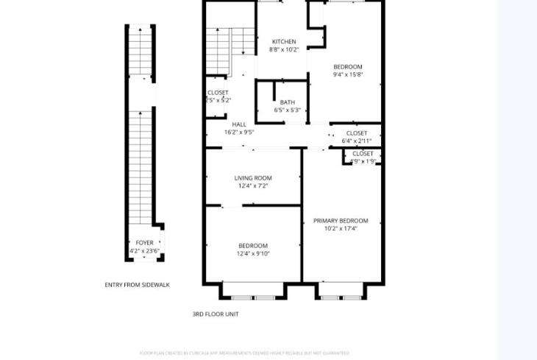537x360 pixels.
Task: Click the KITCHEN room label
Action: [x=284, y=42]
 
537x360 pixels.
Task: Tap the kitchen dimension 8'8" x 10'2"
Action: [x=284, y=50]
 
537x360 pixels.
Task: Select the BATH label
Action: [x=287, y=103]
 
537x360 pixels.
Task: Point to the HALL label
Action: [x=239, y=125]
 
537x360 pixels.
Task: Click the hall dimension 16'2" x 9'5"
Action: [x=239, y=133]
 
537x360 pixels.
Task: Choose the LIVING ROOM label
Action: [x=253, y=178]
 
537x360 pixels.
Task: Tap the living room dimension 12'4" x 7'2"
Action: [x=253, y=186]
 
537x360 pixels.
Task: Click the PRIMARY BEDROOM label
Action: [x=341, y=221]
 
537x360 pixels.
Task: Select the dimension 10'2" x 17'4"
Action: [x=341, y=229]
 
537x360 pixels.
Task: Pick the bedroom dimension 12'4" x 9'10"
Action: [x=253, y=254]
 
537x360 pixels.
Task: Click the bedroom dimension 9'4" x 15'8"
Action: [x=348, y=74]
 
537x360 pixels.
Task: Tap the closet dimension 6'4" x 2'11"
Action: [x=356, y=141]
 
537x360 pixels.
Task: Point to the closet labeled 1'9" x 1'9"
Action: [x=363, y=161]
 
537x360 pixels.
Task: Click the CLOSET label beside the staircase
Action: [x=218, y=93]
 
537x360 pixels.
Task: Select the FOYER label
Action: [x=144, y=243]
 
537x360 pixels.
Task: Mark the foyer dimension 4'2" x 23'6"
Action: [x=144, y=251]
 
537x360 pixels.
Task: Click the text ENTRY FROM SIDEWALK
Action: [x=137, y=285]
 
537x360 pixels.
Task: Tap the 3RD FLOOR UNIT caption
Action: [x=216, y=314]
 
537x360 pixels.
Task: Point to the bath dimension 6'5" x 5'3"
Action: [x=287, y=110]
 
